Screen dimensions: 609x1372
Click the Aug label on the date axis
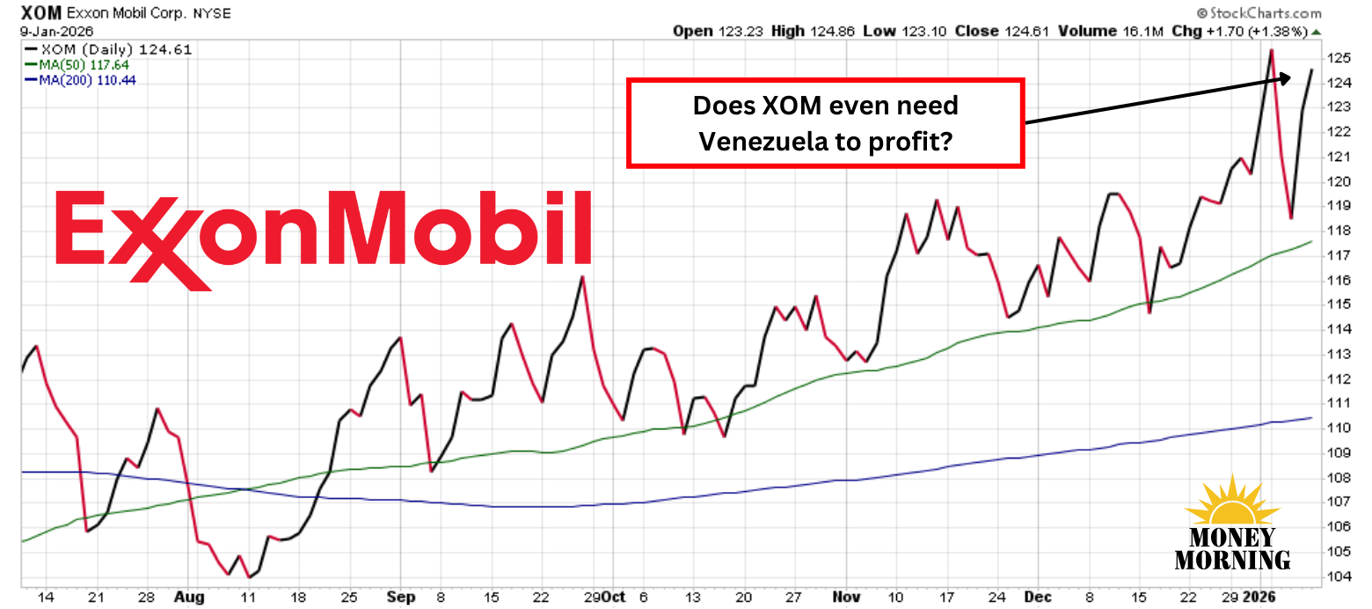[189, 597]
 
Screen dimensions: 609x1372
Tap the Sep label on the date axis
[400, 597]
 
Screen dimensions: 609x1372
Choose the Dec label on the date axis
[1040, 597]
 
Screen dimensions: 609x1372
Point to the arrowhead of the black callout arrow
[1287, 78]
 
